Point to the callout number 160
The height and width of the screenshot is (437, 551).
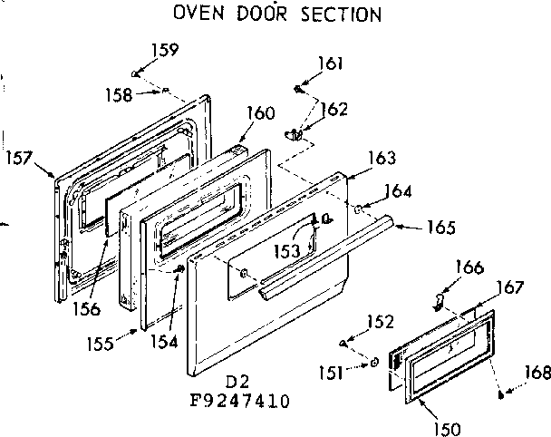pyautogui.click(x=260, y=114)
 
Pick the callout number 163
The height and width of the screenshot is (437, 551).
pyautogui.click(x=382, y=158)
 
